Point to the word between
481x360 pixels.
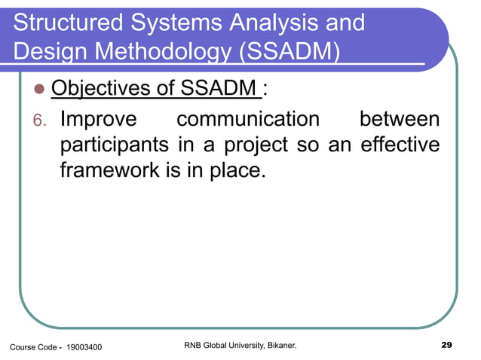(x=399, y=119)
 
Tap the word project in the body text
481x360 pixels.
(x=253, y=145)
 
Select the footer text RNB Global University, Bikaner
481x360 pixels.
(x=240, y=346)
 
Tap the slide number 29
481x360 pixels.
(x=445, y=346)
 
